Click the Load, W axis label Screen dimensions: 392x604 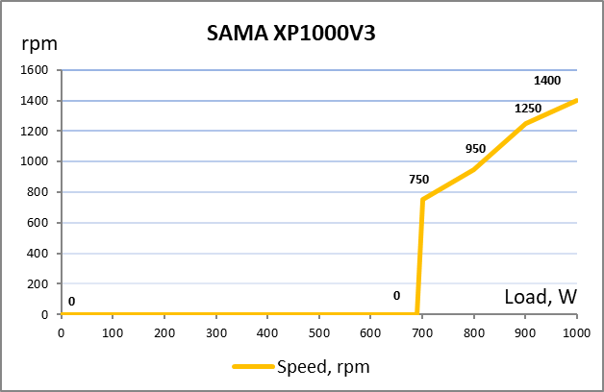pos(540,297)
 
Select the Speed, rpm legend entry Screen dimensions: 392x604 pos(300,366)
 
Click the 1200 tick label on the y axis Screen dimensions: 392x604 pos(35,131)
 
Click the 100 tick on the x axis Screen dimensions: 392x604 pos(113,331)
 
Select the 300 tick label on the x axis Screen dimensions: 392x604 pos(216,331)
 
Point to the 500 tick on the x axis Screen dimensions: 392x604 pos(319,331)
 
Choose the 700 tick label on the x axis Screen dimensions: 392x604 pos(422,331)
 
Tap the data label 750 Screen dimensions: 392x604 pos(418,180)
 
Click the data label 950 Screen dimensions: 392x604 pos(475,149)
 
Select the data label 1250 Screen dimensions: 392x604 pos(528,109)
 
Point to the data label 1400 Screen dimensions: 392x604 pos(547,81)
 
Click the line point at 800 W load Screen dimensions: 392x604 pos(474,169)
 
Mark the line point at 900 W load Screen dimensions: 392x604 pos(525,123)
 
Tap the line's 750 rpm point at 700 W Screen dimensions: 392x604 pos(422,199)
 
